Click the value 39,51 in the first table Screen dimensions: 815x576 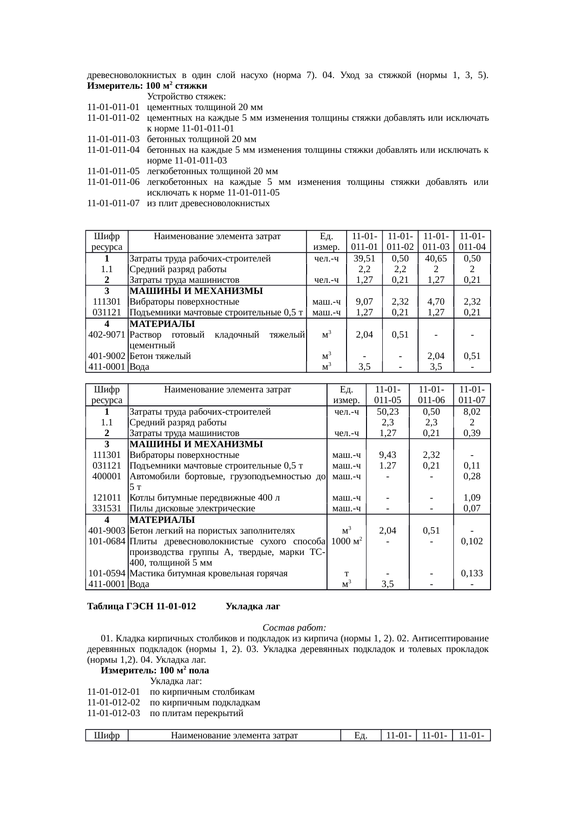364,259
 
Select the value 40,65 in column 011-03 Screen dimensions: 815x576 436,259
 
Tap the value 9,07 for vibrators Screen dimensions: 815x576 364,302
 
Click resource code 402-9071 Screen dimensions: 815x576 107,334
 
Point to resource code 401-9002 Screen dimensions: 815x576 107,356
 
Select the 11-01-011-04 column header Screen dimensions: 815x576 472,241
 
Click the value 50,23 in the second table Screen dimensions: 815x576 387,412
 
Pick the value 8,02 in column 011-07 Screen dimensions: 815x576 471,412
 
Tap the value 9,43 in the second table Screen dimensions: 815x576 387,455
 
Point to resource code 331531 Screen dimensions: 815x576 107,509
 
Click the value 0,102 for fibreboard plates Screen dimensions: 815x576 471,541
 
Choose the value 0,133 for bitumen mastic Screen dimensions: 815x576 471,574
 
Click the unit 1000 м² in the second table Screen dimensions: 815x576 347,541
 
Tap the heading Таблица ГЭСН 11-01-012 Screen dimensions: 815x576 141,607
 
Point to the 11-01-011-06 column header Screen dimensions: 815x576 431,395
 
